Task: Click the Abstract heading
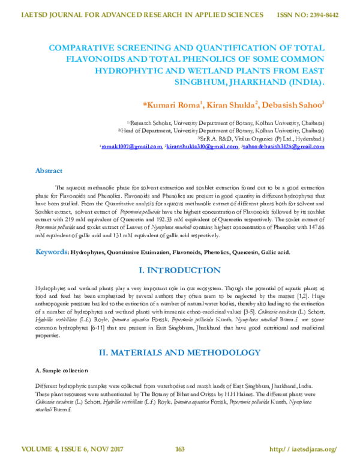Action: pos(49,171)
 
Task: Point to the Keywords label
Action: pos(52,252)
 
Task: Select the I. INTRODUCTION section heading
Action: pos(179,271)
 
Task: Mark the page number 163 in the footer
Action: pos(179,449)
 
